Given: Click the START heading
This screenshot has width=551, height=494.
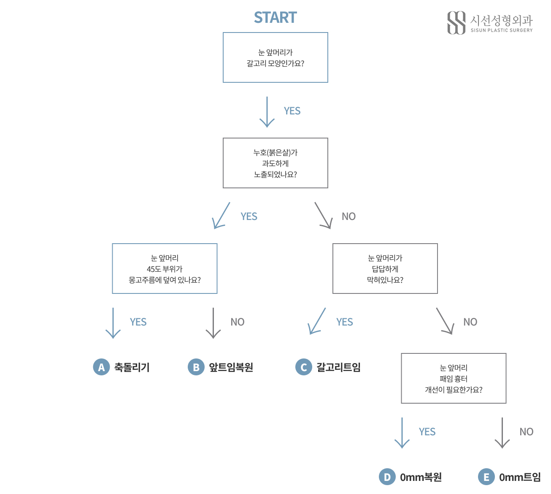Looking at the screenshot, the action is (275, 17).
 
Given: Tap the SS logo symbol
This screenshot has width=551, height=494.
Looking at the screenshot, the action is (456, 23).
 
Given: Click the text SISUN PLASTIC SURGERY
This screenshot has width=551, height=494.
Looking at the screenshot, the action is (502, 30).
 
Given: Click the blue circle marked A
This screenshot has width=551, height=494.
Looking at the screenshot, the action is (101, 367).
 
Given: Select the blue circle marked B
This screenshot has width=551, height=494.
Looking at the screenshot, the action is (196, 367).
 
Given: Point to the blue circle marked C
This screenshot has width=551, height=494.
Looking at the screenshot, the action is (303, 367).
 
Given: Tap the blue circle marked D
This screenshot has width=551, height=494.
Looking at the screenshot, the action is (387, 477).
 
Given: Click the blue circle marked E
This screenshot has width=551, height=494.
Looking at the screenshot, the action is (486, 477).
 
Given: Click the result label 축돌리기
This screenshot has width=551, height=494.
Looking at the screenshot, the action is (132, 367).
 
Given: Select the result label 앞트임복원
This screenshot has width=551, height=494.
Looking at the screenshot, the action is (231, 367).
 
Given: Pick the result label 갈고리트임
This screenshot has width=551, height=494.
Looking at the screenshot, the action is (338, 367).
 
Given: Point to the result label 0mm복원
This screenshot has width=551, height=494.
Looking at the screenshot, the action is (421, 477).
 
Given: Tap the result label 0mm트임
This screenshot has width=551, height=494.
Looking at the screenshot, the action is (520, 477).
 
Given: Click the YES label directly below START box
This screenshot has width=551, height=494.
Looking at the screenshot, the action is (292, 111).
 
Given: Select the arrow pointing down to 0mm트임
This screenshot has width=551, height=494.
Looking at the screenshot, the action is (502, 433).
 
